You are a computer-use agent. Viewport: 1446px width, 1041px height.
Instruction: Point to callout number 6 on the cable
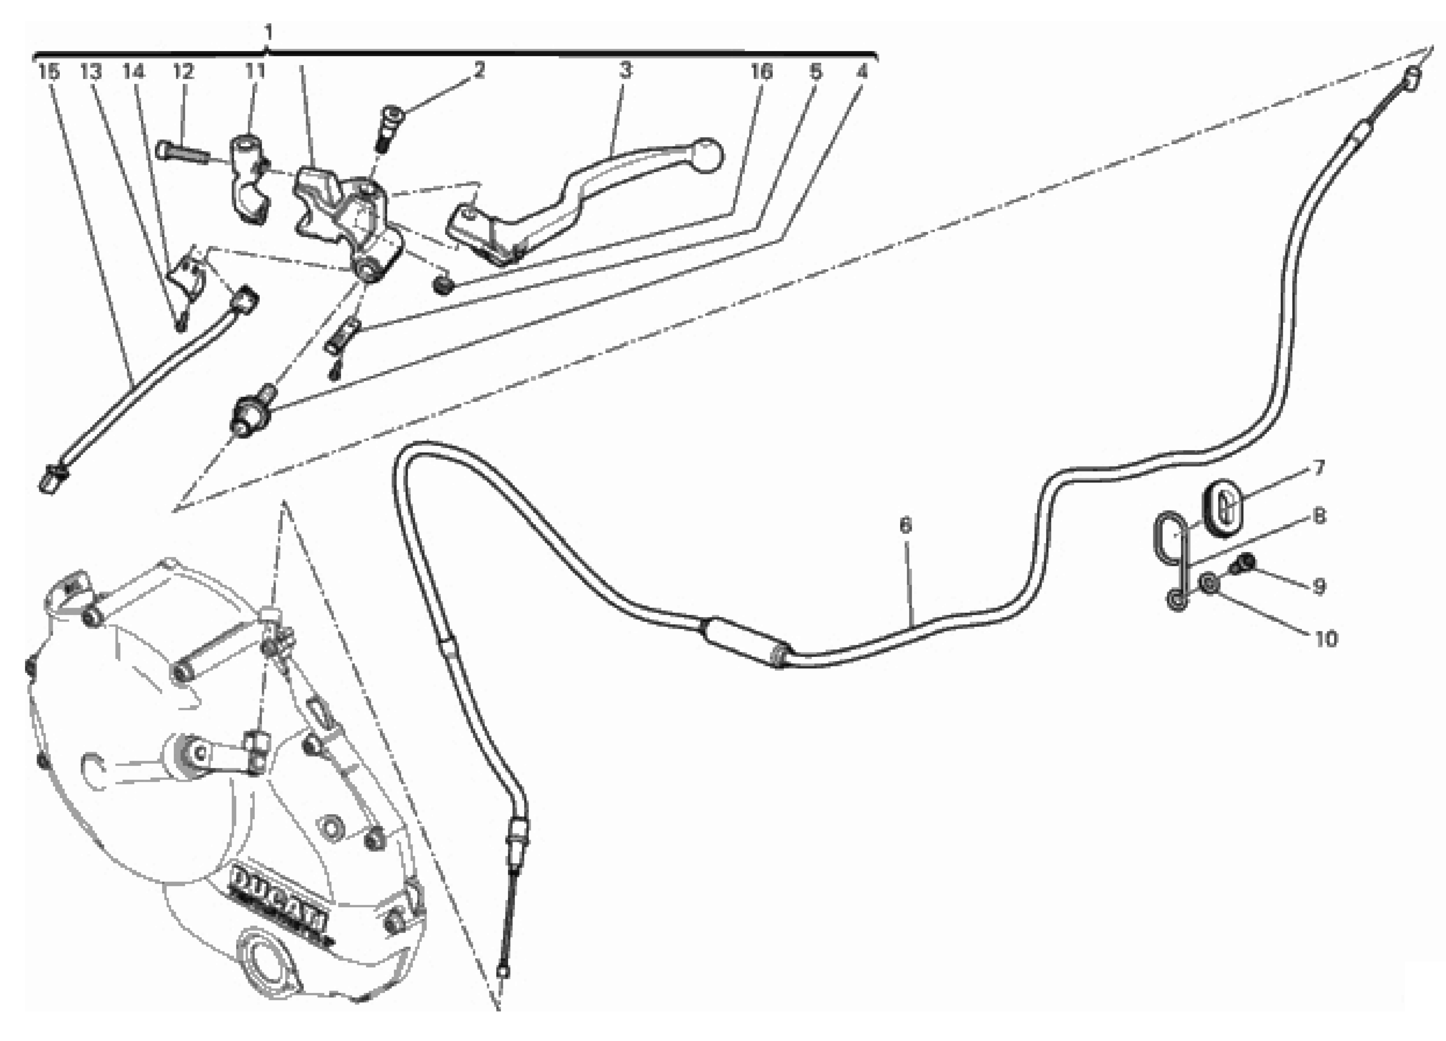(x=905, y=526)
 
